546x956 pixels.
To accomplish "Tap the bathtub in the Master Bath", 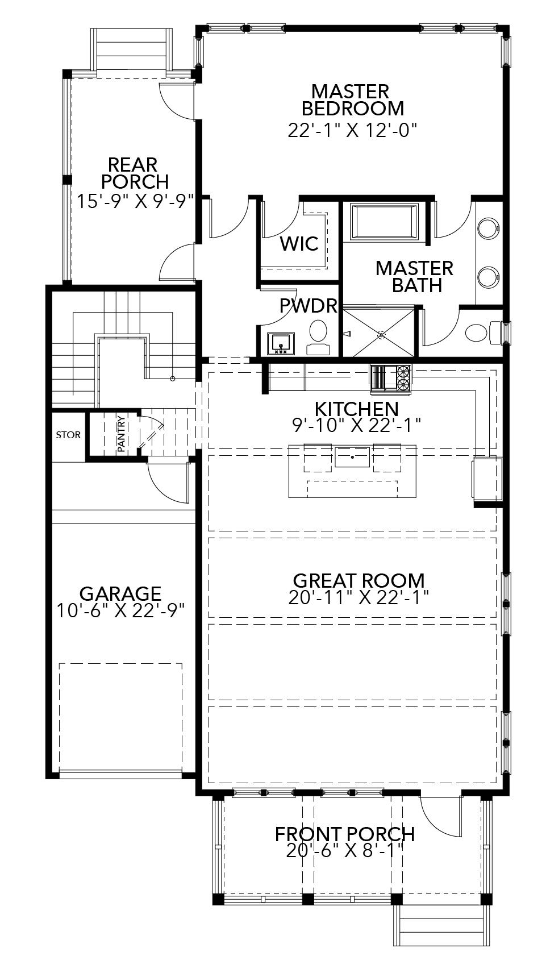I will (x=385, y=222).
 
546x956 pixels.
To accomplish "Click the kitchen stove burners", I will (x=403, y=379).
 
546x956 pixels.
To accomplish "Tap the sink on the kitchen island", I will (x=352, y=456).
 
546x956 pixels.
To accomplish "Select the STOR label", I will (x=68, y=435).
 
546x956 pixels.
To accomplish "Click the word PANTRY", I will (x=120, y=434).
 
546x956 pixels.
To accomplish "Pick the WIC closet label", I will (x=299, y=244).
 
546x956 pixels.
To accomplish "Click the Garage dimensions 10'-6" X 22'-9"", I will (x=121, y=610).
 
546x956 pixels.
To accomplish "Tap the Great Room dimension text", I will (x=358, y=597).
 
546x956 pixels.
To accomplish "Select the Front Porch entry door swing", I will (x=440, y=817).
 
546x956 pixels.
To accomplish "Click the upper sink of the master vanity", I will (x=487, y=229).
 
